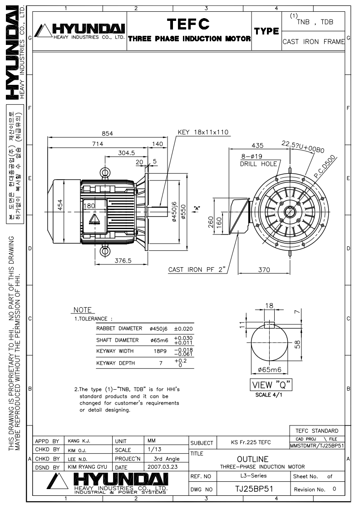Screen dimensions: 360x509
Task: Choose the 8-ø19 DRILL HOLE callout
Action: [251, 160]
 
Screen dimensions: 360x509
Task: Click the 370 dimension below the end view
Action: [264, 269]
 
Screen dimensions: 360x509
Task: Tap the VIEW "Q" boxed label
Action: [272, 385]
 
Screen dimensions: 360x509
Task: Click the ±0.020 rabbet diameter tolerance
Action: [184, 328]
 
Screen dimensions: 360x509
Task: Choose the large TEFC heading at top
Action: [189, 23]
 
